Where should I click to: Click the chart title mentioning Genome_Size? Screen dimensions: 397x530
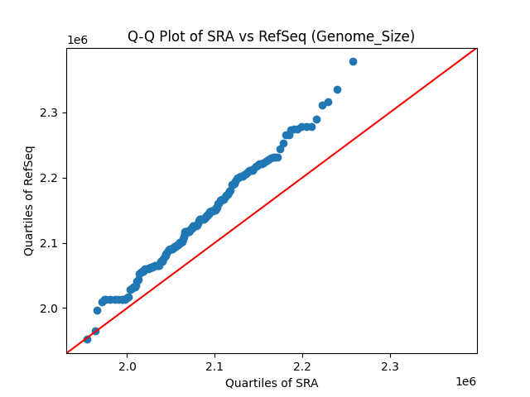[271, 36]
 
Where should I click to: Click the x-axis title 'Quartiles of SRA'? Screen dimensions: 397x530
[271, 383]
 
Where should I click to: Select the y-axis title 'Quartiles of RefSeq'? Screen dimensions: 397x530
[29, 200]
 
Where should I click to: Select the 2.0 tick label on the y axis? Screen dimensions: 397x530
[51, 309]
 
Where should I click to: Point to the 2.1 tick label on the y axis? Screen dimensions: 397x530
[51, 243]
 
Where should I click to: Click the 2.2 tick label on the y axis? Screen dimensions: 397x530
[51, 178]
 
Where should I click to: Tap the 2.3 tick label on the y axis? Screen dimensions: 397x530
[51, 112]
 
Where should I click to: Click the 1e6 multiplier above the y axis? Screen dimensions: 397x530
[77, 40]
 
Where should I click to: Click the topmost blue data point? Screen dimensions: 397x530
[353, 61]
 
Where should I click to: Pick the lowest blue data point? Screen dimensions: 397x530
[87, 339]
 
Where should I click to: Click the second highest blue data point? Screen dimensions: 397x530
[337, 89]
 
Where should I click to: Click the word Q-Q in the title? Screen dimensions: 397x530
[139, 36]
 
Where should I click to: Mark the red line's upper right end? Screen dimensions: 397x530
[476, 48]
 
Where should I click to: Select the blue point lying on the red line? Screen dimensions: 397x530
[95, 331]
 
